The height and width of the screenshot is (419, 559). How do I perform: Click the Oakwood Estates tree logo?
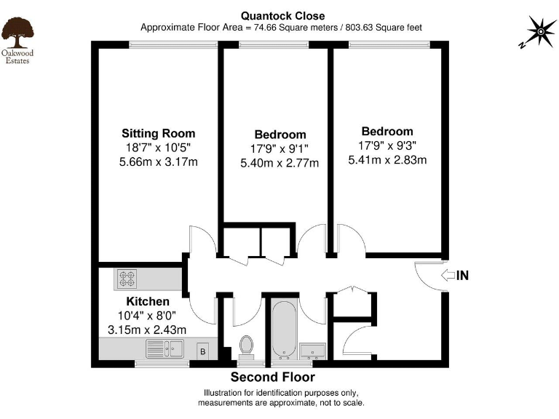tap(16, 30)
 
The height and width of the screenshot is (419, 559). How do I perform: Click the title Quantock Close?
tap(284, 15)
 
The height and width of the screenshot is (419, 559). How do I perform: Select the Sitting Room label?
tap(158, 133)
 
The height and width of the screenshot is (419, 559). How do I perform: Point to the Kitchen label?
tap(148, 301)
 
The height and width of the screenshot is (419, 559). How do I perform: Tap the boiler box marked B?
tap(202, 352)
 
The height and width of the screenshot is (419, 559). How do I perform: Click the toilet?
tap(247, 346)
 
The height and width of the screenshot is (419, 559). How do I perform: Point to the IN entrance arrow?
tap(454, 275)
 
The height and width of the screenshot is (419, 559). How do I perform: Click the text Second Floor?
tap(273, 377)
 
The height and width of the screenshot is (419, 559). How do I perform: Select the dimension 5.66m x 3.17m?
tap(158, 161)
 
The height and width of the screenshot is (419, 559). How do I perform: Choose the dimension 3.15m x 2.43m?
tap(147, 330)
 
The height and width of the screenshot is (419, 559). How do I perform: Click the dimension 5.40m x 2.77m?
tap(279, 163)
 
